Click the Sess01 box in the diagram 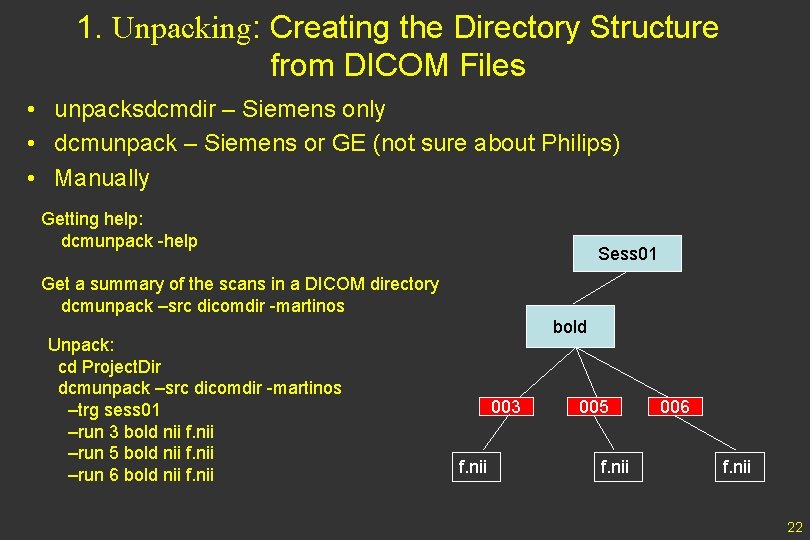point(627,253)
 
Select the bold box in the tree point(569,327)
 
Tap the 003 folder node point(505,406)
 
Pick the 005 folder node point(593,406)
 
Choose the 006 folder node point(675,406)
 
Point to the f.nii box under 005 point(613,465)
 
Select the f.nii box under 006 point(737,465)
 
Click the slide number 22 point(795,528)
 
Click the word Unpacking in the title point(186,29)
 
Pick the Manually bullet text point(102,178)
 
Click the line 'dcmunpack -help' point(129,241)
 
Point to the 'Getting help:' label point(91,219)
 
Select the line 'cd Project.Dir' point(109,366)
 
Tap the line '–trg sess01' point(113,410)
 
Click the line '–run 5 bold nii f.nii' point(140,453)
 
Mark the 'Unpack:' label point(81,345)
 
